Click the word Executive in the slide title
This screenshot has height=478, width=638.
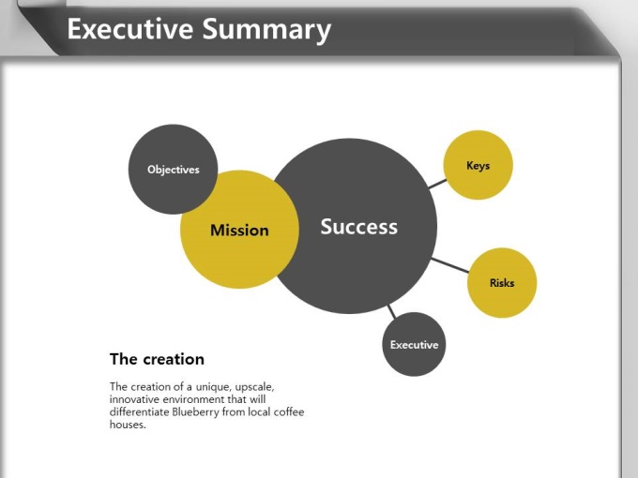tap(130, 29)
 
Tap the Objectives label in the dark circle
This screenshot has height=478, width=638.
tap(174, 170)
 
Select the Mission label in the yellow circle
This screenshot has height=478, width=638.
tap(239, 230)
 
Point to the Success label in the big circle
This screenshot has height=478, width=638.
tap(358, 227)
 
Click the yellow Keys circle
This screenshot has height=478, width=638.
tap(478, 165)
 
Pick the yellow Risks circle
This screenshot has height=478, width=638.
tap(502, 282)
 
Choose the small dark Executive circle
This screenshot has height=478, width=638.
tap(414, 344)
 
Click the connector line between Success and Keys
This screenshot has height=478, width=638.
tap(437, 184)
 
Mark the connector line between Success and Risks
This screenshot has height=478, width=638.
tap(449, 265)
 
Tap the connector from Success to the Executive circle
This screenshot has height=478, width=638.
tap(391, 311)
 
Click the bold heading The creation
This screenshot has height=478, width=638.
tap(157, 359)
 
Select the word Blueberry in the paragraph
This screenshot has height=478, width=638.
tap(195, 411)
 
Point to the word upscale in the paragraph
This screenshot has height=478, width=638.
tap(254, 386)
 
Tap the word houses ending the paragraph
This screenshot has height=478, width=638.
tap(128, 425)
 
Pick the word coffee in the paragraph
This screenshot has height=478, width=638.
tap(289, 411)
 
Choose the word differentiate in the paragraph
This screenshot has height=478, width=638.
tap(140, 411)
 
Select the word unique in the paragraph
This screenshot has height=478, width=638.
tap(213, 386)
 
